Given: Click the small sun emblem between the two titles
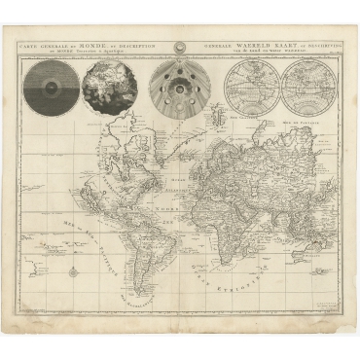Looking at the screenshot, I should pos(179,46).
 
